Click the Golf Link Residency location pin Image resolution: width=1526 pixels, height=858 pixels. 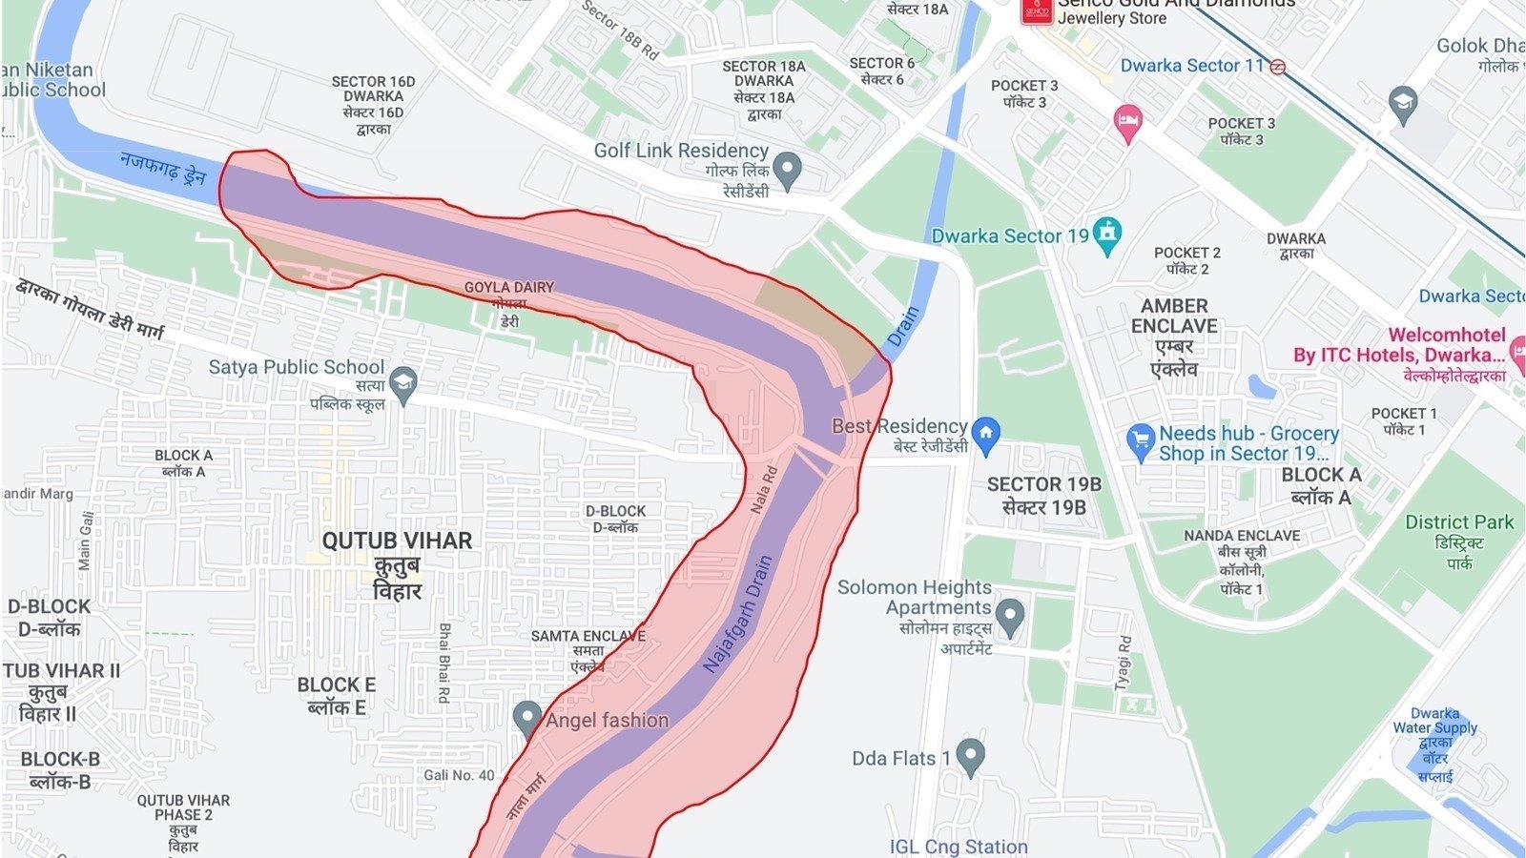[x=786, y=170]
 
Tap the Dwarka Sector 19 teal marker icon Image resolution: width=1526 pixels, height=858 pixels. [x=1106, y=235]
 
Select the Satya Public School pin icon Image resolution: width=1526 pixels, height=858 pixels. [x=403, y=384]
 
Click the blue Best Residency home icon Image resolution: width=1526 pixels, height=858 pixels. [x=986, y=434]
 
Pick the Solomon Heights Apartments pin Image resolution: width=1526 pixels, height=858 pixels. [x=1009, y=616]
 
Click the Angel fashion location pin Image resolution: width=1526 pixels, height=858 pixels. [x=526, y=719]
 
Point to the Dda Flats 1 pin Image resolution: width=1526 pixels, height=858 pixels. [x=970, y=756]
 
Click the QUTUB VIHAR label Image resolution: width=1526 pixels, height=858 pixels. [x=397, y=541]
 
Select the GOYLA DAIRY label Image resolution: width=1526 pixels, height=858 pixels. [x=508, y=287]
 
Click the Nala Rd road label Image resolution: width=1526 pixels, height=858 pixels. [x=764, y=489]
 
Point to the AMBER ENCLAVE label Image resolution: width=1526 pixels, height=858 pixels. [x=1173, y=316]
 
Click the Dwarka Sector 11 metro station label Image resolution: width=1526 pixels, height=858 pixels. [x=1191, y=66]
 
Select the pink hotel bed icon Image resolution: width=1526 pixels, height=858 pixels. [x=1127, y=122]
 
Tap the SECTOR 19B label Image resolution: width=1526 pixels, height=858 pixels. [x=1043, y=484]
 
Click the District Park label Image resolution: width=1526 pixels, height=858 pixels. [x=1458, y=522]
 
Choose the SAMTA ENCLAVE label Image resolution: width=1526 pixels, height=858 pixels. [x=588, y=636]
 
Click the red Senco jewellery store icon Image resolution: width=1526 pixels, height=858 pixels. [x=1036, y=10]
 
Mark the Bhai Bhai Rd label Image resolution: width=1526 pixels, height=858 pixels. [x=443, y=663]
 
